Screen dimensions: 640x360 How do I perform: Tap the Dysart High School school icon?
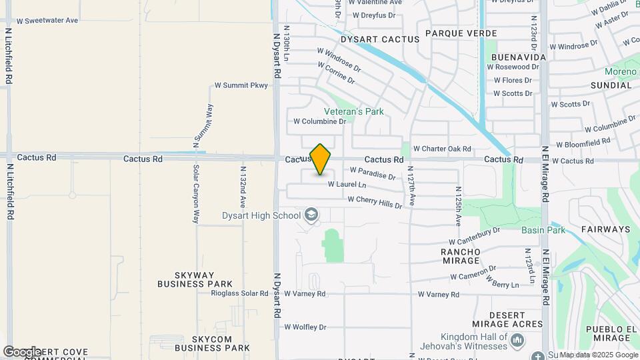(x=310, y=215)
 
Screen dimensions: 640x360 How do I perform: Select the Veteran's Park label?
(x=353, y=111)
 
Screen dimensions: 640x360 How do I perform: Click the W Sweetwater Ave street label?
(x=47, y=20)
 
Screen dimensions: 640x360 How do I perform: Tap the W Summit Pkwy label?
(x=241, y=85)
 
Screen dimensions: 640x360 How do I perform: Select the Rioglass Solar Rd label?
(x=239, y=293)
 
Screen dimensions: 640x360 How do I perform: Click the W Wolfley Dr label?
(x=305, y=327)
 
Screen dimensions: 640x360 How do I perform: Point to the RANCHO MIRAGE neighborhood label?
(x=461, y=256)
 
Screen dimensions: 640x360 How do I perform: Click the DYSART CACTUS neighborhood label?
(x=380, y=39)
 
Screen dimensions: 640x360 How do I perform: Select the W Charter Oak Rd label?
(x=442, y=149)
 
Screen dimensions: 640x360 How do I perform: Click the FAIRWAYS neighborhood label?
(x=605, y=229)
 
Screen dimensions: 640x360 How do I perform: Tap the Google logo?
(x=22, y=351)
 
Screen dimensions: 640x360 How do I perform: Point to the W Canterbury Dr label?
(x=474, y=235)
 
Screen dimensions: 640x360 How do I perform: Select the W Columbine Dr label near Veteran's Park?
(x=320, y=121)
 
